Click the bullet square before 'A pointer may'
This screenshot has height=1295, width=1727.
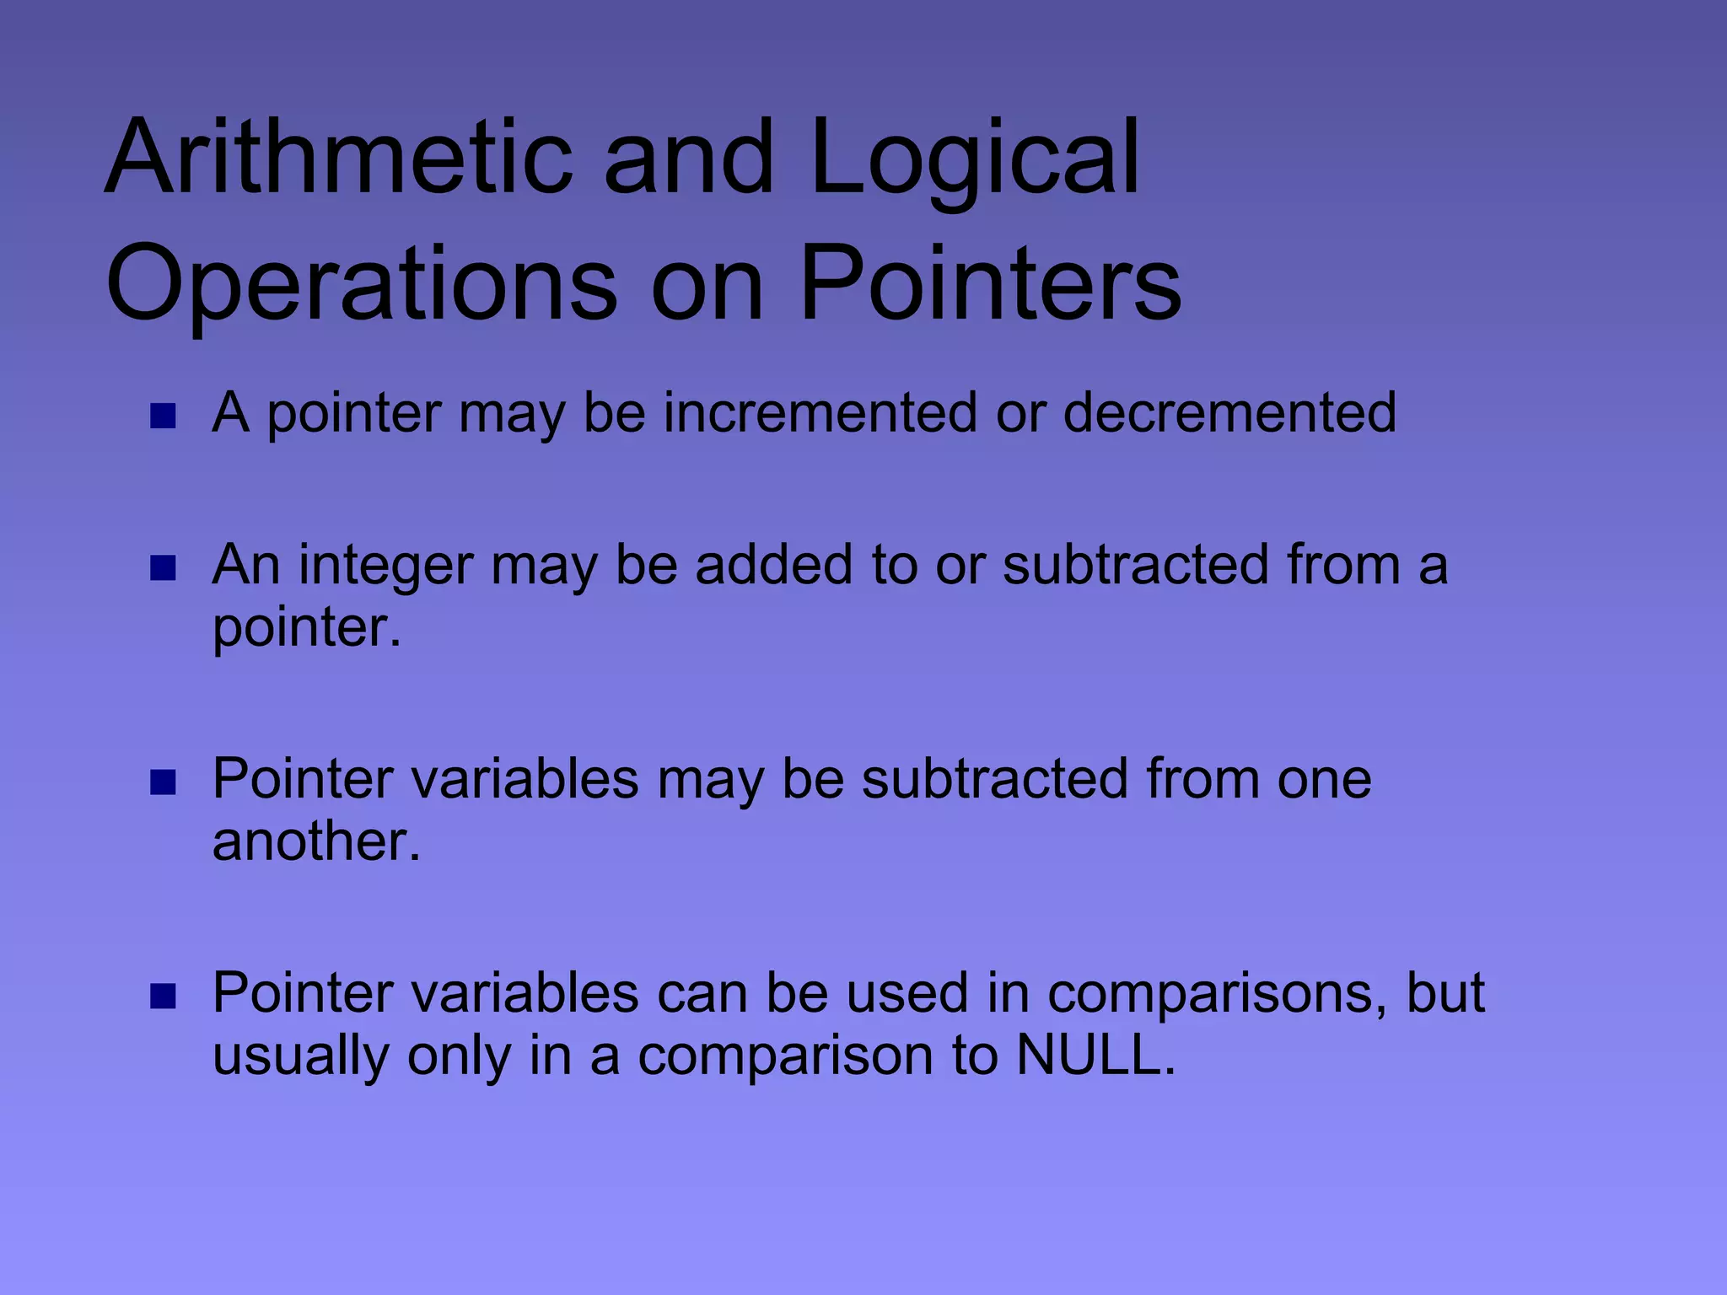point(163,416)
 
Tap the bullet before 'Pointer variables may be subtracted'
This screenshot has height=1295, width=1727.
point(163,782)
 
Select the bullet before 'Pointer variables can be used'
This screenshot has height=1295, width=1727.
point(163,997)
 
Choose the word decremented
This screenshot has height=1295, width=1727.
point(1229,412)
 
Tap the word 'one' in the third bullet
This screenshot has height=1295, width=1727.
point(1324,779)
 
